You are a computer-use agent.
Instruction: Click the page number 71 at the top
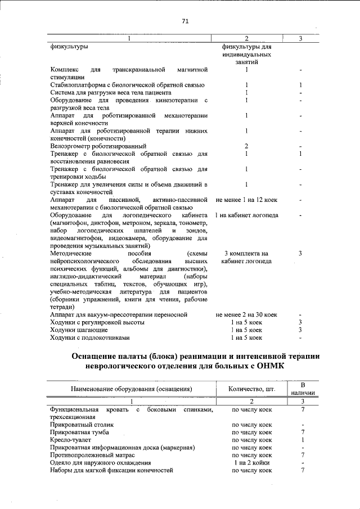(x=185, y=21)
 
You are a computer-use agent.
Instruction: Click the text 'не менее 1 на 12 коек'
(x=246, y=200)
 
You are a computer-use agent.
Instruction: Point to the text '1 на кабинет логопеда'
(x=246, y=215)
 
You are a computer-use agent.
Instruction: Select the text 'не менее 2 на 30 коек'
(x=246, y=315)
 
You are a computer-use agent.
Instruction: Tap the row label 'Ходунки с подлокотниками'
(x=89, y=338)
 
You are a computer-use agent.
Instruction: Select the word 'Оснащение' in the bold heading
(x=101, y=355)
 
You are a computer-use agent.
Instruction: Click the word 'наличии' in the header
(x=303, y=393)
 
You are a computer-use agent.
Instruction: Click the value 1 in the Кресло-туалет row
(x=303, y=440)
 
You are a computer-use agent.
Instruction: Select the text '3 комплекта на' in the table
(x=246, y=254)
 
